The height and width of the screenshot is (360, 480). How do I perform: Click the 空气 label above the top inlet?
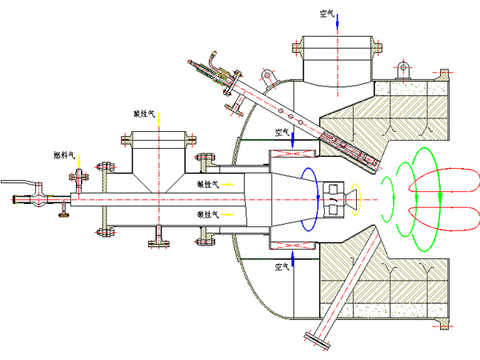[326, 13]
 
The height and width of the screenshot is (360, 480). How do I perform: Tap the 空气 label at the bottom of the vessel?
[282, 266]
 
